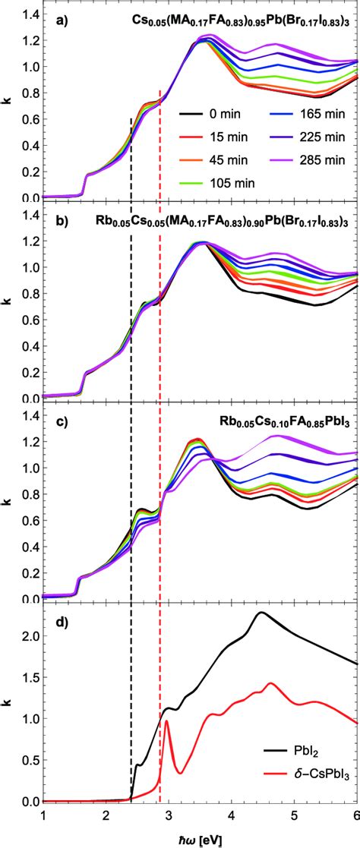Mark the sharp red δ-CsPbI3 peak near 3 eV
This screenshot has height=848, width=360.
(x=166, y=721)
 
